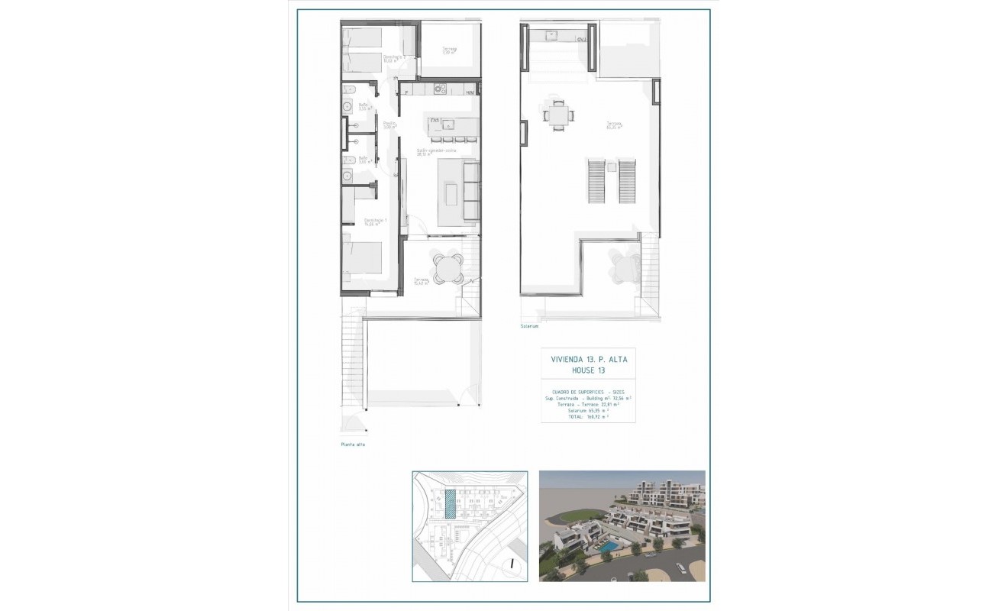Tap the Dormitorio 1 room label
[375, 221]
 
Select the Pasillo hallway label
[389, 125]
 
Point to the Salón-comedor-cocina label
[431, 152]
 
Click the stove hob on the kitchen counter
[440, 89]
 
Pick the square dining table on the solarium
[557, 115]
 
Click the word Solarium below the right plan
[529, 326]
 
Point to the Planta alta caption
[353, 445]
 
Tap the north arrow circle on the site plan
[513, 567]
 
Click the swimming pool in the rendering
[609, 548]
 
